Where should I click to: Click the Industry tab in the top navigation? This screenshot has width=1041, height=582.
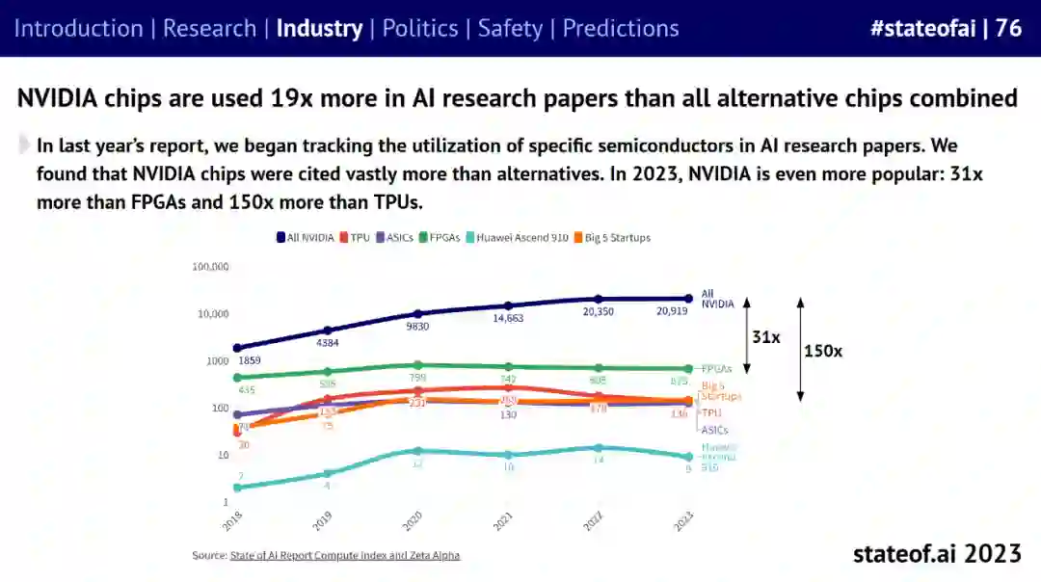(319, 28)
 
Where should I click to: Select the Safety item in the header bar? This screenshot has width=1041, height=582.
(510, 28)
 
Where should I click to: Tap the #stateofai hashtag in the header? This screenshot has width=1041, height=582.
(921, 28)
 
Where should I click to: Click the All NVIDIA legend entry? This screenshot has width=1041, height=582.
(307, 237)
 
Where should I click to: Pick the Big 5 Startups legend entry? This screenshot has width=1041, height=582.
(612, 237)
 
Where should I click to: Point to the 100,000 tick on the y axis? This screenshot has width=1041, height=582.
(211, 267)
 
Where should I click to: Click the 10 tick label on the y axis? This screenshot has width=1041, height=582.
(221, 456)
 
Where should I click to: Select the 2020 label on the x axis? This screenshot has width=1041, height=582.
(413, 520)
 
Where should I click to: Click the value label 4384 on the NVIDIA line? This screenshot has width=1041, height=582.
(328, 343)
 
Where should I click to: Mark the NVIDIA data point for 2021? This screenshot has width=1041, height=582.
(508, 305)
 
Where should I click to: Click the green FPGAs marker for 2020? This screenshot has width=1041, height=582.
(417, 365)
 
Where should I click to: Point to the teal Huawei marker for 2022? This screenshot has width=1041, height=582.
(598, 447)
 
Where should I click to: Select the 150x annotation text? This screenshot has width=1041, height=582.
(823, 352)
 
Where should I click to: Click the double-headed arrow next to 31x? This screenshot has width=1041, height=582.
(746, 335)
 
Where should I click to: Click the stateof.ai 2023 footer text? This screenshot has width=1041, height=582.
(936, 554)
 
